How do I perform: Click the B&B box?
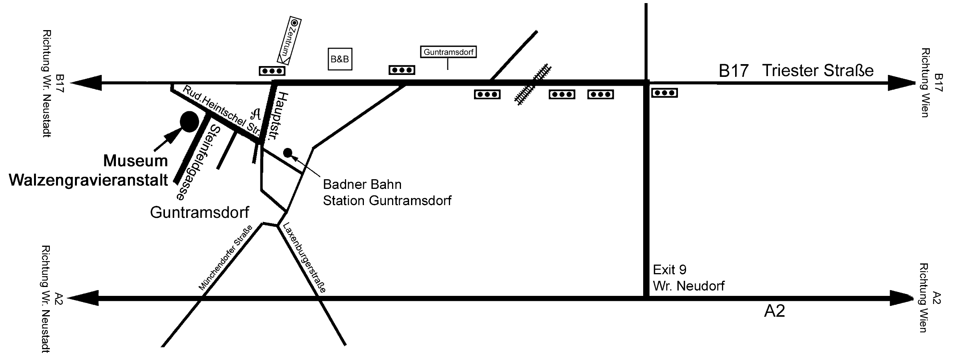[340, 59]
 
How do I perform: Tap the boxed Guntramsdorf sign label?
[448, 52]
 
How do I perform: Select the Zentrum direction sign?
[289, 41]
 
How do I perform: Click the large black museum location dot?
[189, 122]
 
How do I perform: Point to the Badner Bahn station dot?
[288, 153]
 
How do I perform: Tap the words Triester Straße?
[818, 71]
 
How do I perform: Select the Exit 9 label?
[669, 269]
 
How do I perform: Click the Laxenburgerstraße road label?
[304, 257]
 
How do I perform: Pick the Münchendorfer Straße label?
[226, 257]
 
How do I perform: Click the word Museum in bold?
[136, 161]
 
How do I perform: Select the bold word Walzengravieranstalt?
[88, 180]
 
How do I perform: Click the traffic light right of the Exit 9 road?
[664, 93]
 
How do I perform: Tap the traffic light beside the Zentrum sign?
[272, 71]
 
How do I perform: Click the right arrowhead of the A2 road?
[902, 298]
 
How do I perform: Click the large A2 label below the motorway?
[775, 311]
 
